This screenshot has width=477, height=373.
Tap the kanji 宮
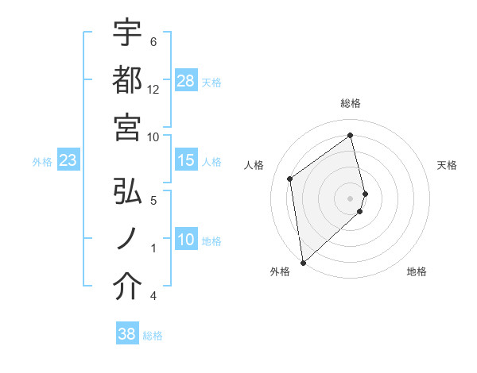[127, 128]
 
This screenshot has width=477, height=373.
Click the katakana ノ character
[127, 240]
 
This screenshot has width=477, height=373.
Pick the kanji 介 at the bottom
[127, 287]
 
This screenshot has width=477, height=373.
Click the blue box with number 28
[186, 81]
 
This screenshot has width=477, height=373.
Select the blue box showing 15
[186, 160]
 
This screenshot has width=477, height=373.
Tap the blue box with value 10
[186, 240]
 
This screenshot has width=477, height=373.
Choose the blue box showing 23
[68, 161]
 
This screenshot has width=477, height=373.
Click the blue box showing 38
[127, 334]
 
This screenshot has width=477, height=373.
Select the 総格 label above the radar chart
[351, 103]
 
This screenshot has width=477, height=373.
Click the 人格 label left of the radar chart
[254, 165]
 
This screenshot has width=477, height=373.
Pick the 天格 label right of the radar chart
[447, 165]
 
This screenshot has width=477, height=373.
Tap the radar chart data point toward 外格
[303, 261]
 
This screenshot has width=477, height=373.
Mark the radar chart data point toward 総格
[351, 135]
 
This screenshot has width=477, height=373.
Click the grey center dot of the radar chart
[351, 197]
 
